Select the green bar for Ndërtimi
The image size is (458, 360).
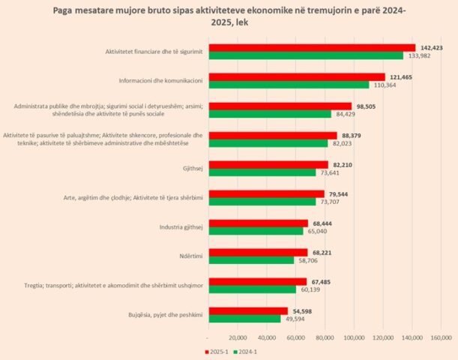point(250,260)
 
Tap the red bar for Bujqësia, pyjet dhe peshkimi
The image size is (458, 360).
point(247,310)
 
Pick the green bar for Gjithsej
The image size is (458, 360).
point(262,172)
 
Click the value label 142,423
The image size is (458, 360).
point(430,48)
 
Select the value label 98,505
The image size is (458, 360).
point(367,106)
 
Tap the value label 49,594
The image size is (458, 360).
point(296,318)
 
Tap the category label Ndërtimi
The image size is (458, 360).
point(190,256)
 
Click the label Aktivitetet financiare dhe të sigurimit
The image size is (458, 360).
point(155,52)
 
